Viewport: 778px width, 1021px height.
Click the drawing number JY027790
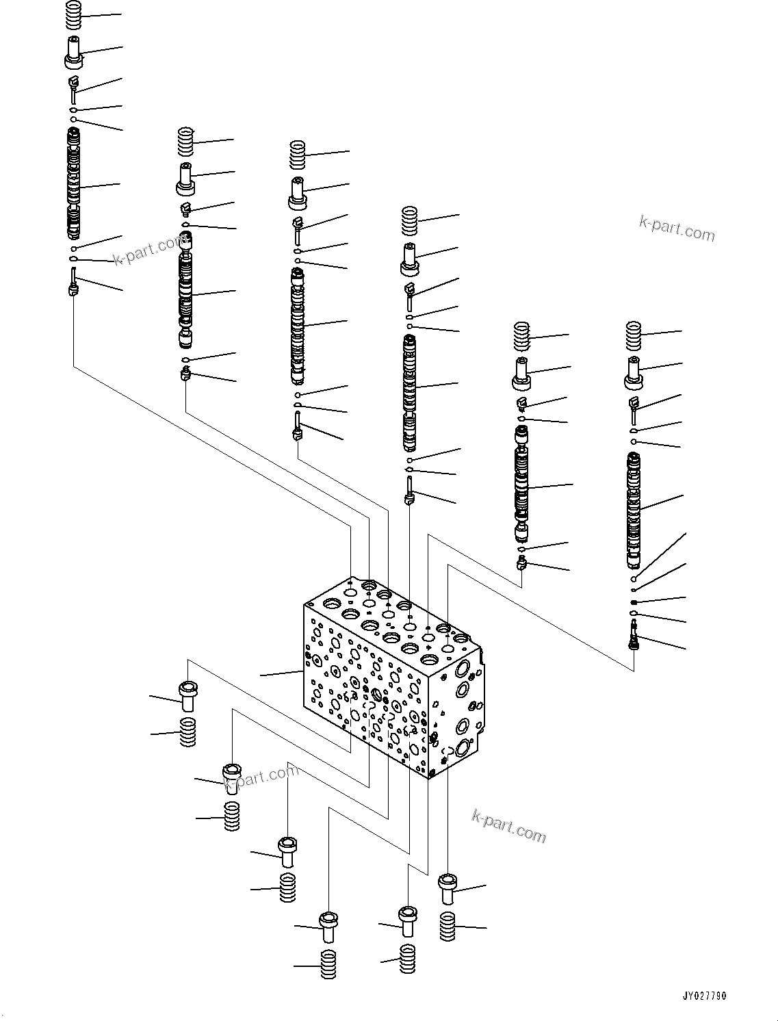703,996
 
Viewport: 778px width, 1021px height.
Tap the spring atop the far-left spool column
75,15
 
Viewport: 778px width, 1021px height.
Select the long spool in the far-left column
74,183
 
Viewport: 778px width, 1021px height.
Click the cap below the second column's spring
186,179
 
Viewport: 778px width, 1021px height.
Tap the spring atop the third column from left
298,155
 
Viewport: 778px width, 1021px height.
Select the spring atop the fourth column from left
410,220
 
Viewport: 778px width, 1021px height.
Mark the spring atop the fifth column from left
523,336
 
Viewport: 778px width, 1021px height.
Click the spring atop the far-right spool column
634,336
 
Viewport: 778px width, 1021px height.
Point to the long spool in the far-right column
634,510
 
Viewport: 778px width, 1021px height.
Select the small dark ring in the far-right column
634,602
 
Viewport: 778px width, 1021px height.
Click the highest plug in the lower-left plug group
187,696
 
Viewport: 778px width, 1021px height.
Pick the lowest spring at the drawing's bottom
328,965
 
